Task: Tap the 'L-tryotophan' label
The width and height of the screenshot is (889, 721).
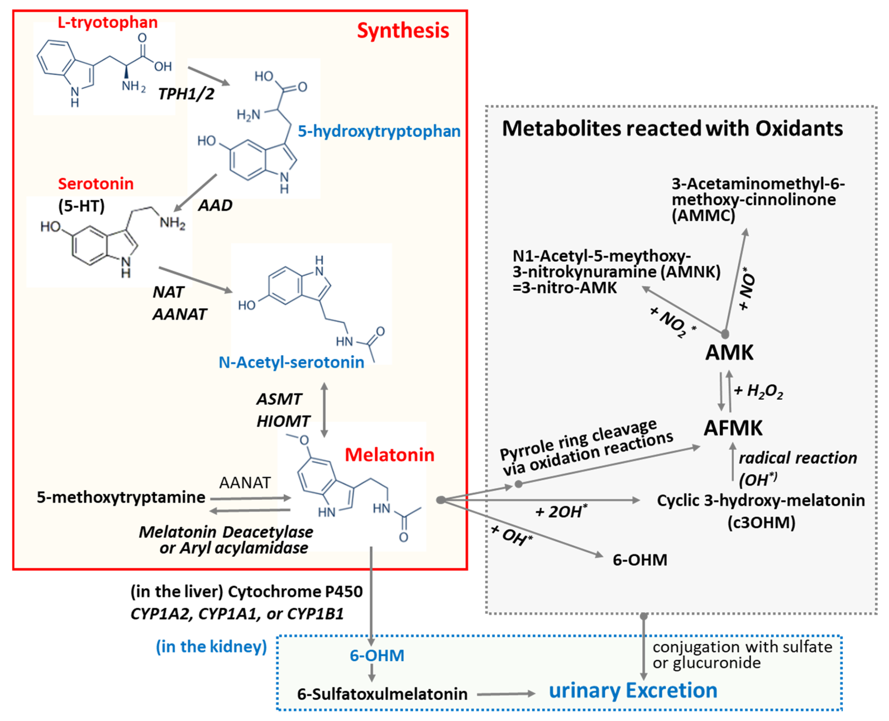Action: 108,22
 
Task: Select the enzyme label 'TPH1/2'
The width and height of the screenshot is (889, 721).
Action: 186,94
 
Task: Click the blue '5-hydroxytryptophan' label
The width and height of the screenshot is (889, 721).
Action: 379,131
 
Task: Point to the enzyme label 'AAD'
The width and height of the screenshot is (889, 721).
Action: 215,205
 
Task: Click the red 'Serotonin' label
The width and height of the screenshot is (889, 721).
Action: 95,184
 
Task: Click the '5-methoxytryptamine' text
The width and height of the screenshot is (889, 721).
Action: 121,497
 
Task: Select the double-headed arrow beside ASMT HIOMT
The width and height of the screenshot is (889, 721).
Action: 324,409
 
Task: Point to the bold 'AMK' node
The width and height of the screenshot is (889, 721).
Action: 729,353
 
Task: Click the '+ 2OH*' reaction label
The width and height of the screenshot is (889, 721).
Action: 561,512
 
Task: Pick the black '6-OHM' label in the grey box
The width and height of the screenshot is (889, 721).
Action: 640,560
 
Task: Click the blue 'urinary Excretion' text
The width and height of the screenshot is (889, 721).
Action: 633,690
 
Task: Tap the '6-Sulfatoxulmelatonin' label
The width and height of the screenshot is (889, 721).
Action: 382,694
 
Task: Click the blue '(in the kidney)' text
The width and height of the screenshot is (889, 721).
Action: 211,647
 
